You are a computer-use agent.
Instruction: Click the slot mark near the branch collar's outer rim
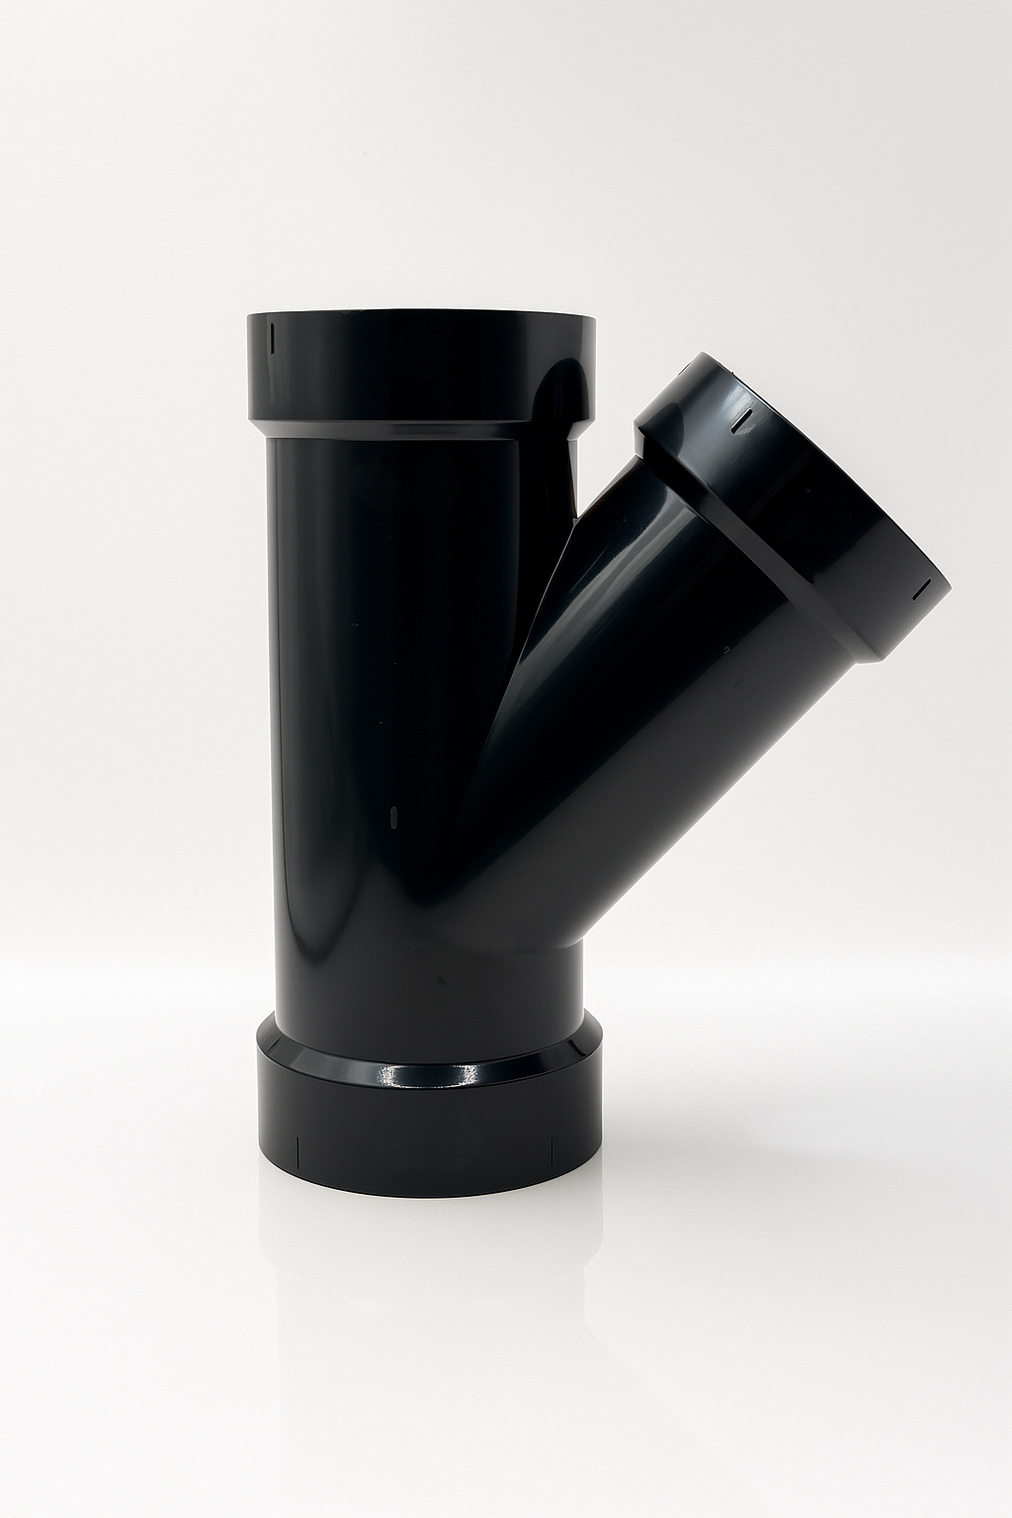click(x=919, y=589)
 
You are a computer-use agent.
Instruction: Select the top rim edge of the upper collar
click(x=420, y=316)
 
